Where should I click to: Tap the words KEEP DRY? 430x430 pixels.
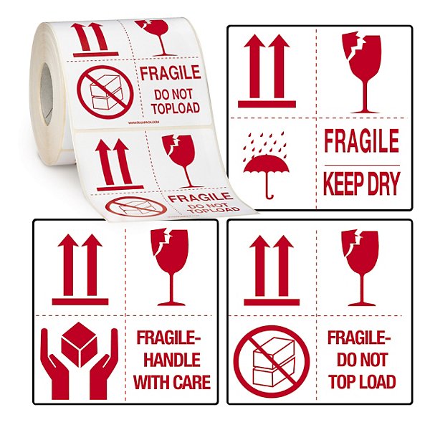(361, 183)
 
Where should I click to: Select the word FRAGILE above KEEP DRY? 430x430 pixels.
(361, 142)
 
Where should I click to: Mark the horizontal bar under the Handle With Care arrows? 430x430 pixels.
(80, 302)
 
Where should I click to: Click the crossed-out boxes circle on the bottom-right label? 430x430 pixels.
(272, 362)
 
